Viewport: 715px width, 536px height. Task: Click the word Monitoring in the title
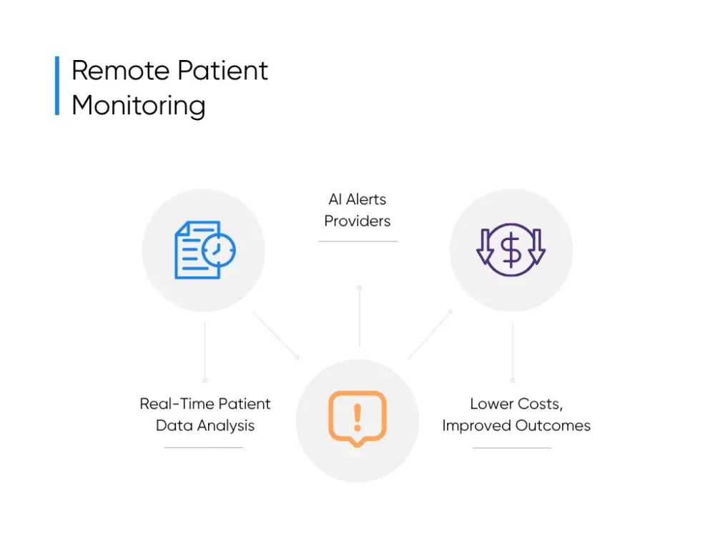point(139,105)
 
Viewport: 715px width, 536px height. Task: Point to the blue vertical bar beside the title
point(57,86)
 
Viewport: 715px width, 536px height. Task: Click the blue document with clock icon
point(200,249)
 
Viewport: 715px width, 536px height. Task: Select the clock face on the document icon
point(218,249)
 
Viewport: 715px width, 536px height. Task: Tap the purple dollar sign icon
point(511,249)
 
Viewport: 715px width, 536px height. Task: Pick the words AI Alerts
point(357,199)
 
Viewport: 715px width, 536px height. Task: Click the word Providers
point(357,221)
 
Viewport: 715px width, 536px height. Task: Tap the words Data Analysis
point(205,425)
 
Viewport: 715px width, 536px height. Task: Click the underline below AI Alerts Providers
point(357,242)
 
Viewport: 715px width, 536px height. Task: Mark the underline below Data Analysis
point(204,448)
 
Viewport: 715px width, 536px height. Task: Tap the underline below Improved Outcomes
point(512,448)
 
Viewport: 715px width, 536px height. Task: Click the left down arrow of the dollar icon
point(484,247)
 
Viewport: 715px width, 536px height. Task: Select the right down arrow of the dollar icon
point(537,247)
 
